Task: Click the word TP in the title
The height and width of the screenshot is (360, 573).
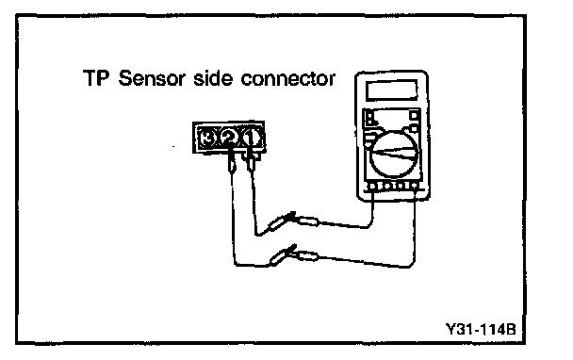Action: pos(96,78)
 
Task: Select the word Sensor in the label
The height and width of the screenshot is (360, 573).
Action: pos(152,78)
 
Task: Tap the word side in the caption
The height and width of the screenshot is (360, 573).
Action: pos(213,78)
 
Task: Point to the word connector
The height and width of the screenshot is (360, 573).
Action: pos(288,79)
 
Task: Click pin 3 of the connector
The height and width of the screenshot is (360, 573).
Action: pos(207,139)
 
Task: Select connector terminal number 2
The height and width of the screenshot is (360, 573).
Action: pos(229,138)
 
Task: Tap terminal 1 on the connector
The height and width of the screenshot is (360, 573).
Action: pos(251,138)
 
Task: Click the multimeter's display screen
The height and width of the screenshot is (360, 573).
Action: pos(392,90)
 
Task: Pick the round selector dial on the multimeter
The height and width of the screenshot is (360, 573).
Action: pos(394,155)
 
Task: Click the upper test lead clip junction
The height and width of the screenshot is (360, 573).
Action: pos(292,220)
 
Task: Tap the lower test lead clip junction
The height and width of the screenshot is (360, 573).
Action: pos(292,254)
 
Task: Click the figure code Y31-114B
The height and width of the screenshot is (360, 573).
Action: pos(481,329)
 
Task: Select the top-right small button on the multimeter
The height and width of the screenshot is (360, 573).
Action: pos(414,116)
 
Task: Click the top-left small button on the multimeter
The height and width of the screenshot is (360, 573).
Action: pos(369,116)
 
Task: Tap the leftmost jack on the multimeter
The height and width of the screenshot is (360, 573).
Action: pos(372,187)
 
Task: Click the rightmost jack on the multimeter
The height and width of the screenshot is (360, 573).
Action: pos(415,187)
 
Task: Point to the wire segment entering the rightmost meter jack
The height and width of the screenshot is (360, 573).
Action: pos(415,226)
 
